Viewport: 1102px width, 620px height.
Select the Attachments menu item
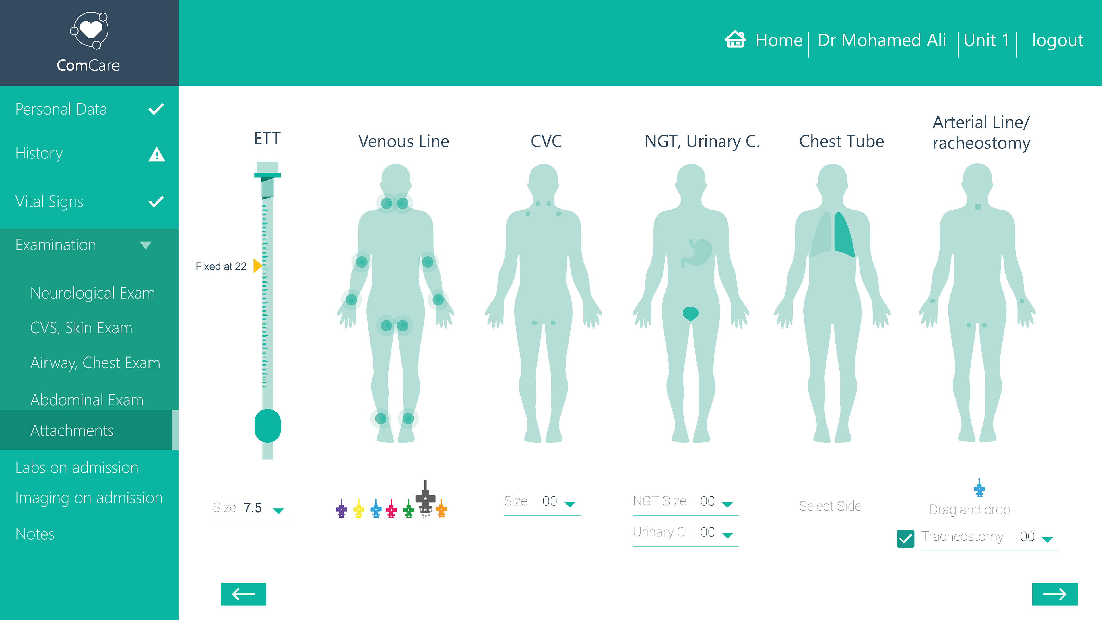(x=72, y=431)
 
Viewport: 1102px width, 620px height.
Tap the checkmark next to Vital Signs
(x=156, y=201)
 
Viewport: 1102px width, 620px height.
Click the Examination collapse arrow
(x=145, y=245)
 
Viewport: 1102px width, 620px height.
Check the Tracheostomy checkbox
(x=905, y=538)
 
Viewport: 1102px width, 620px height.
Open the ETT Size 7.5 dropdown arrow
(x=278, y=510)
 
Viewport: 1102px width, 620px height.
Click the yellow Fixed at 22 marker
(x=257, y=266)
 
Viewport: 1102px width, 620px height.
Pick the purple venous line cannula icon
(x=342, y=509)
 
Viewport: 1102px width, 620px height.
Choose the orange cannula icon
(x=441, y=509)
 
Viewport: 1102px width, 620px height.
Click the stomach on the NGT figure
(x=699, y=253)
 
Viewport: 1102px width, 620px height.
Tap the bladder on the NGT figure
(x=690, y=314)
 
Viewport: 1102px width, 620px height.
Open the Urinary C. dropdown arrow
(x=727, y=534)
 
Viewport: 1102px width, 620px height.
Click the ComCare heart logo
(x=90, y=30)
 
